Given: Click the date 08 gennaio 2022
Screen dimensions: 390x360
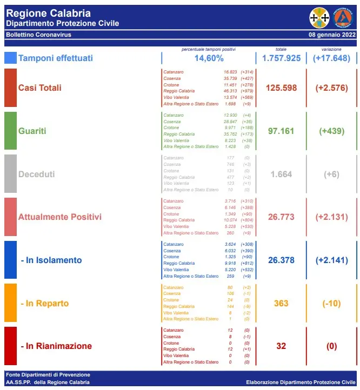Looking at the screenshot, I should [332, 35].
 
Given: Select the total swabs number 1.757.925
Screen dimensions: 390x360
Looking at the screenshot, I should [281, 58].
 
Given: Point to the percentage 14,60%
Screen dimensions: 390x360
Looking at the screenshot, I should [209, 58].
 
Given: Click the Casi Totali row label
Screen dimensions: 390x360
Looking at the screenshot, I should [40, 88].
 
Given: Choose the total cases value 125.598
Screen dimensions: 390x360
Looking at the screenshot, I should [281, 88].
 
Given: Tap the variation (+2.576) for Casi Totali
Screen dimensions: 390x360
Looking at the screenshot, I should [331, 88].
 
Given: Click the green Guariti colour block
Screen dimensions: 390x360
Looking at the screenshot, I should [10, 130].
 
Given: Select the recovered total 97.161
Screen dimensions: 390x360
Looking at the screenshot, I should [281, 131].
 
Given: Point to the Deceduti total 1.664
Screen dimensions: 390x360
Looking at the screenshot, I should [281, 174].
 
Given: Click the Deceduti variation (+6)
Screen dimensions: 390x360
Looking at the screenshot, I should [331, 174].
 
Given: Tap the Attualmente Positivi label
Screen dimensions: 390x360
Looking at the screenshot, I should [60, 217].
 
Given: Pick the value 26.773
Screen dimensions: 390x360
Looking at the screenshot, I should [281, 217].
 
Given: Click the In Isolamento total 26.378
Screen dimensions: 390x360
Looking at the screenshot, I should [281, 260].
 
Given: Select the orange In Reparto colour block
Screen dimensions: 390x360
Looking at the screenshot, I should [10, 303].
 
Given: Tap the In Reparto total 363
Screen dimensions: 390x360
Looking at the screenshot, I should [281, 304].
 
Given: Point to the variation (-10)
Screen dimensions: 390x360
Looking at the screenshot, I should [331, 304].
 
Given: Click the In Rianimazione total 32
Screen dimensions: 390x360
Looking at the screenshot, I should [281, 346].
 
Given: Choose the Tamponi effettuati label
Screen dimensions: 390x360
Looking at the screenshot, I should [56, 58].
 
